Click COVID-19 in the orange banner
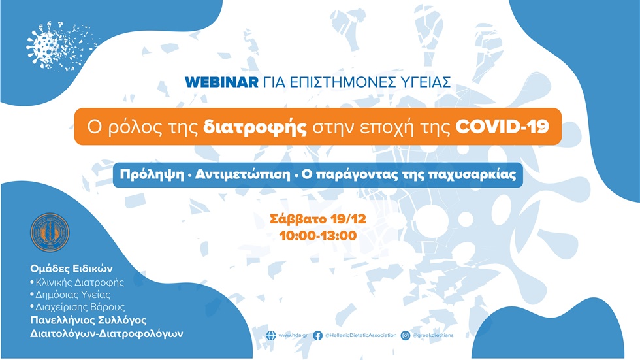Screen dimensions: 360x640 click(502, 127)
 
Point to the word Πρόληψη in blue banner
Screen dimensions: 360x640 click(148, 175)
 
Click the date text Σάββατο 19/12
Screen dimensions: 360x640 click(318, 219)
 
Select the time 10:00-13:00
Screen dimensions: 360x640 click(318, 235)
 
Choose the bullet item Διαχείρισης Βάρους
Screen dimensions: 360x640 click(77, 306)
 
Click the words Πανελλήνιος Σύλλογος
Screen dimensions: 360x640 click(89, 319)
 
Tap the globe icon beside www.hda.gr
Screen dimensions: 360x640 click(270, 335)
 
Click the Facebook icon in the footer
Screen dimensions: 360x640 click(317, 335)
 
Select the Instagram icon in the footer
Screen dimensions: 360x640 click(406, 335)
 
